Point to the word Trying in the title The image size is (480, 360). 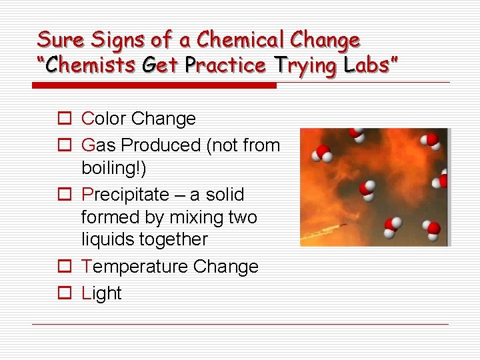(303, 65)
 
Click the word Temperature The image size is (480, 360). (134, 267)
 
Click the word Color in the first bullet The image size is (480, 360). (103, 119)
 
